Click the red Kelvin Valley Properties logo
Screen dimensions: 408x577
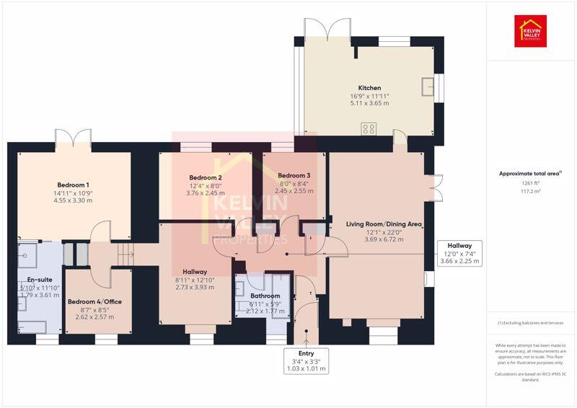point(530,31)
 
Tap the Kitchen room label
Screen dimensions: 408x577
point(369,88)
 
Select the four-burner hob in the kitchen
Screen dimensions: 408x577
point(369,129)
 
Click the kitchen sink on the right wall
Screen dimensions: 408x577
point(428,86)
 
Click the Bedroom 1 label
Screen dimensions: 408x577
point(74,185)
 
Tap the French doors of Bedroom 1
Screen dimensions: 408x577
point(74,136)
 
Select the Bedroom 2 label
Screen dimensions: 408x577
point(206,177)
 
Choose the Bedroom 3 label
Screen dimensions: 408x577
point(294,176)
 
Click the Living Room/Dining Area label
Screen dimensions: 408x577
point(374,224)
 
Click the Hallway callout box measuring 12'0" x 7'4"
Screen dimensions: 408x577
point(459,254)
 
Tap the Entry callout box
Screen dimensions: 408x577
point(307,361)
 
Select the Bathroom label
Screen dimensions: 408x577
point(265,296)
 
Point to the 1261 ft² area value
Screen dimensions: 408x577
point(530,183)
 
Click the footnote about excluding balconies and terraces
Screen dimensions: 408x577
point(530,323)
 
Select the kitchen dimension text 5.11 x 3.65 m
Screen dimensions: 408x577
point(369,103)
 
